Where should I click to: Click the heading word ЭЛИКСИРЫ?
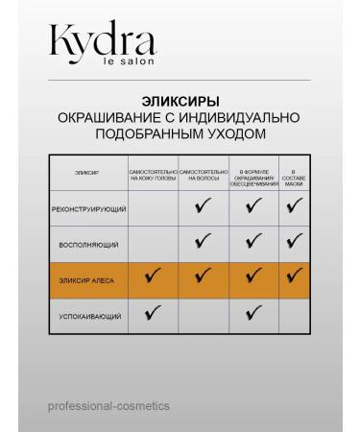pyautogui.click(x=180, y=100)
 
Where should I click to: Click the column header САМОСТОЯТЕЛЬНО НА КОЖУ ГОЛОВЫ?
pyautogui.click(x=154, y=173)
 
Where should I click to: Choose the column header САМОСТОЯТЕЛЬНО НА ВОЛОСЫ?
pyautogui.click(x=203, y=173)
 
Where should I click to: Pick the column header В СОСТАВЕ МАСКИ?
pyautogui.click(x=294, y=173)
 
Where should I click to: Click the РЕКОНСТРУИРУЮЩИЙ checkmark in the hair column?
pyautogui.click(x=203, y=207)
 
